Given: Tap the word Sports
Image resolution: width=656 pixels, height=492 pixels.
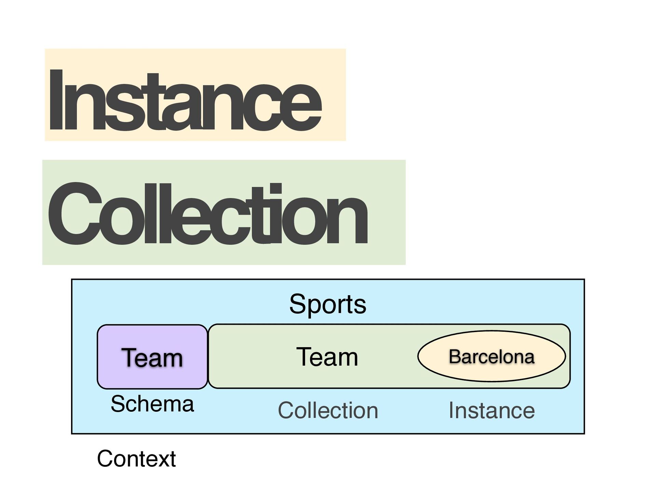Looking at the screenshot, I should click(328, 304).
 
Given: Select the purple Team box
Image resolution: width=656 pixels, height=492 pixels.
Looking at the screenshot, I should click(152, 357).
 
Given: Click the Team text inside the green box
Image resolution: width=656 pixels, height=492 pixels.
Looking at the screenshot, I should click(327, 357).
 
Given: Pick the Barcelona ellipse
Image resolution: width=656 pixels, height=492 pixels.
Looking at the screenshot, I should click(491, 356).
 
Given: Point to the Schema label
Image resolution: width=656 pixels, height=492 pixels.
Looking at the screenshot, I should click(152, 404).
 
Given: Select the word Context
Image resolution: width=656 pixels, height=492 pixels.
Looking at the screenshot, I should click(136, 459).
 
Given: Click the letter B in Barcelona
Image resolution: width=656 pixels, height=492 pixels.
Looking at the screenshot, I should click(455, 357).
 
